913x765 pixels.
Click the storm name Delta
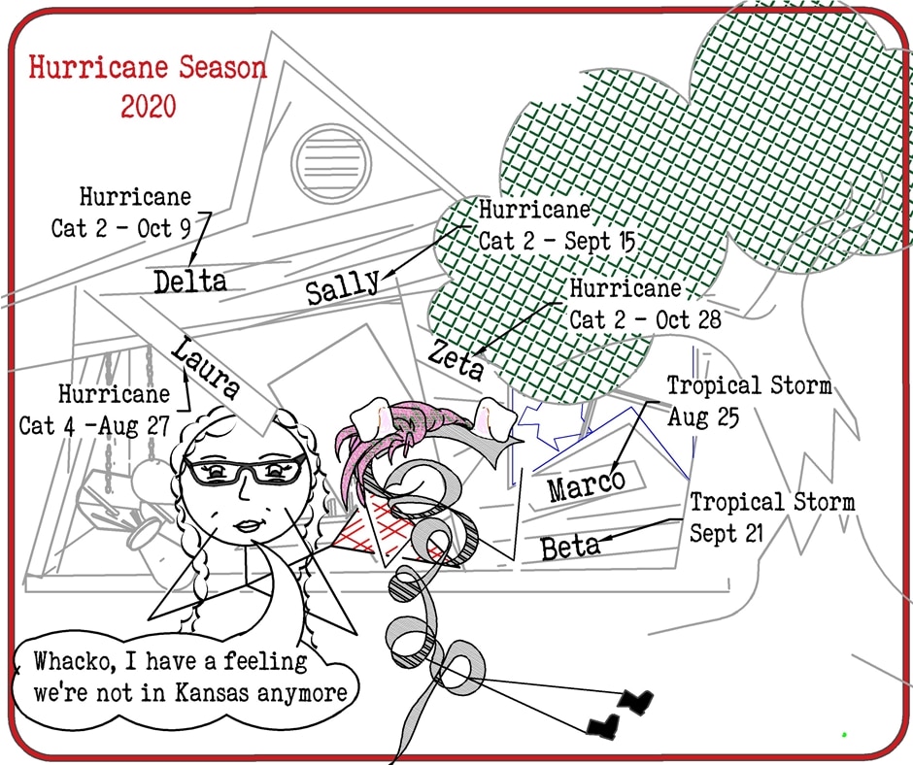pos(190,282)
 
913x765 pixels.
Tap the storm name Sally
pos(343,287)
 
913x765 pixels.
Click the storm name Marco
pos(585,483)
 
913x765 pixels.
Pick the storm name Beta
pos(570,547)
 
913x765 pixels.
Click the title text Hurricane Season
pos(148,68)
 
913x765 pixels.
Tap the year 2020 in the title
pos(149,106)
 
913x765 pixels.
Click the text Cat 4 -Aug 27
pos(94,425)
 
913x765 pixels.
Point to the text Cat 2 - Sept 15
pos(558,240)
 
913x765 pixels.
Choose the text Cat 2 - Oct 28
pos(645,319)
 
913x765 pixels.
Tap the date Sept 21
pos(727,533)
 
